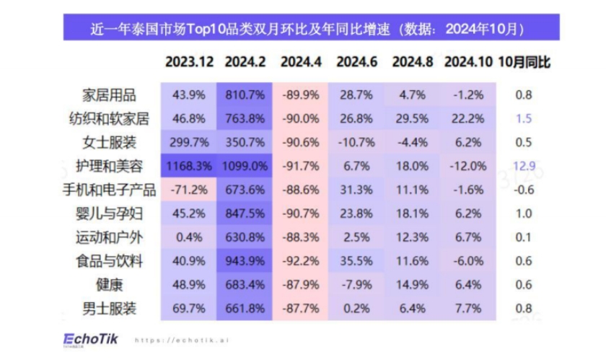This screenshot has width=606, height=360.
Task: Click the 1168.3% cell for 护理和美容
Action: tap(189, 166)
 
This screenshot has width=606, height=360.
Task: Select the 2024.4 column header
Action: tap(301, 62)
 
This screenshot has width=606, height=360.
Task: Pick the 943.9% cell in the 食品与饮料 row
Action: tap(245, 262)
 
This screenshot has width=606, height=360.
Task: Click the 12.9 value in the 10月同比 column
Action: tap(524, 166)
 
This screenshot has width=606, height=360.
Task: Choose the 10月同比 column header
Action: tap(524, 62)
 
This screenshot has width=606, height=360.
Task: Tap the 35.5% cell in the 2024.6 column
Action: tap(356, 262)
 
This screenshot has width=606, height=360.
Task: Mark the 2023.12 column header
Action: tap(189, 62)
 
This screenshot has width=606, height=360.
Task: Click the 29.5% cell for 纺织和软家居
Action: tap(412, 118)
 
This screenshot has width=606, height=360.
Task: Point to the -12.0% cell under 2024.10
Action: tap(467, 166)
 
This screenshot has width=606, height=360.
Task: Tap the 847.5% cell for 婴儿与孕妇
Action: tap(245, 214)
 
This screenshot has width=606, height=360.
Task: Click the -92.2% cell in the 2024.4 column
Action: tap(301, 262)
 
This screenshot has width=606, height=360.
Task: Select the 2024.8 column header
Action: tap(412, 62)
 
